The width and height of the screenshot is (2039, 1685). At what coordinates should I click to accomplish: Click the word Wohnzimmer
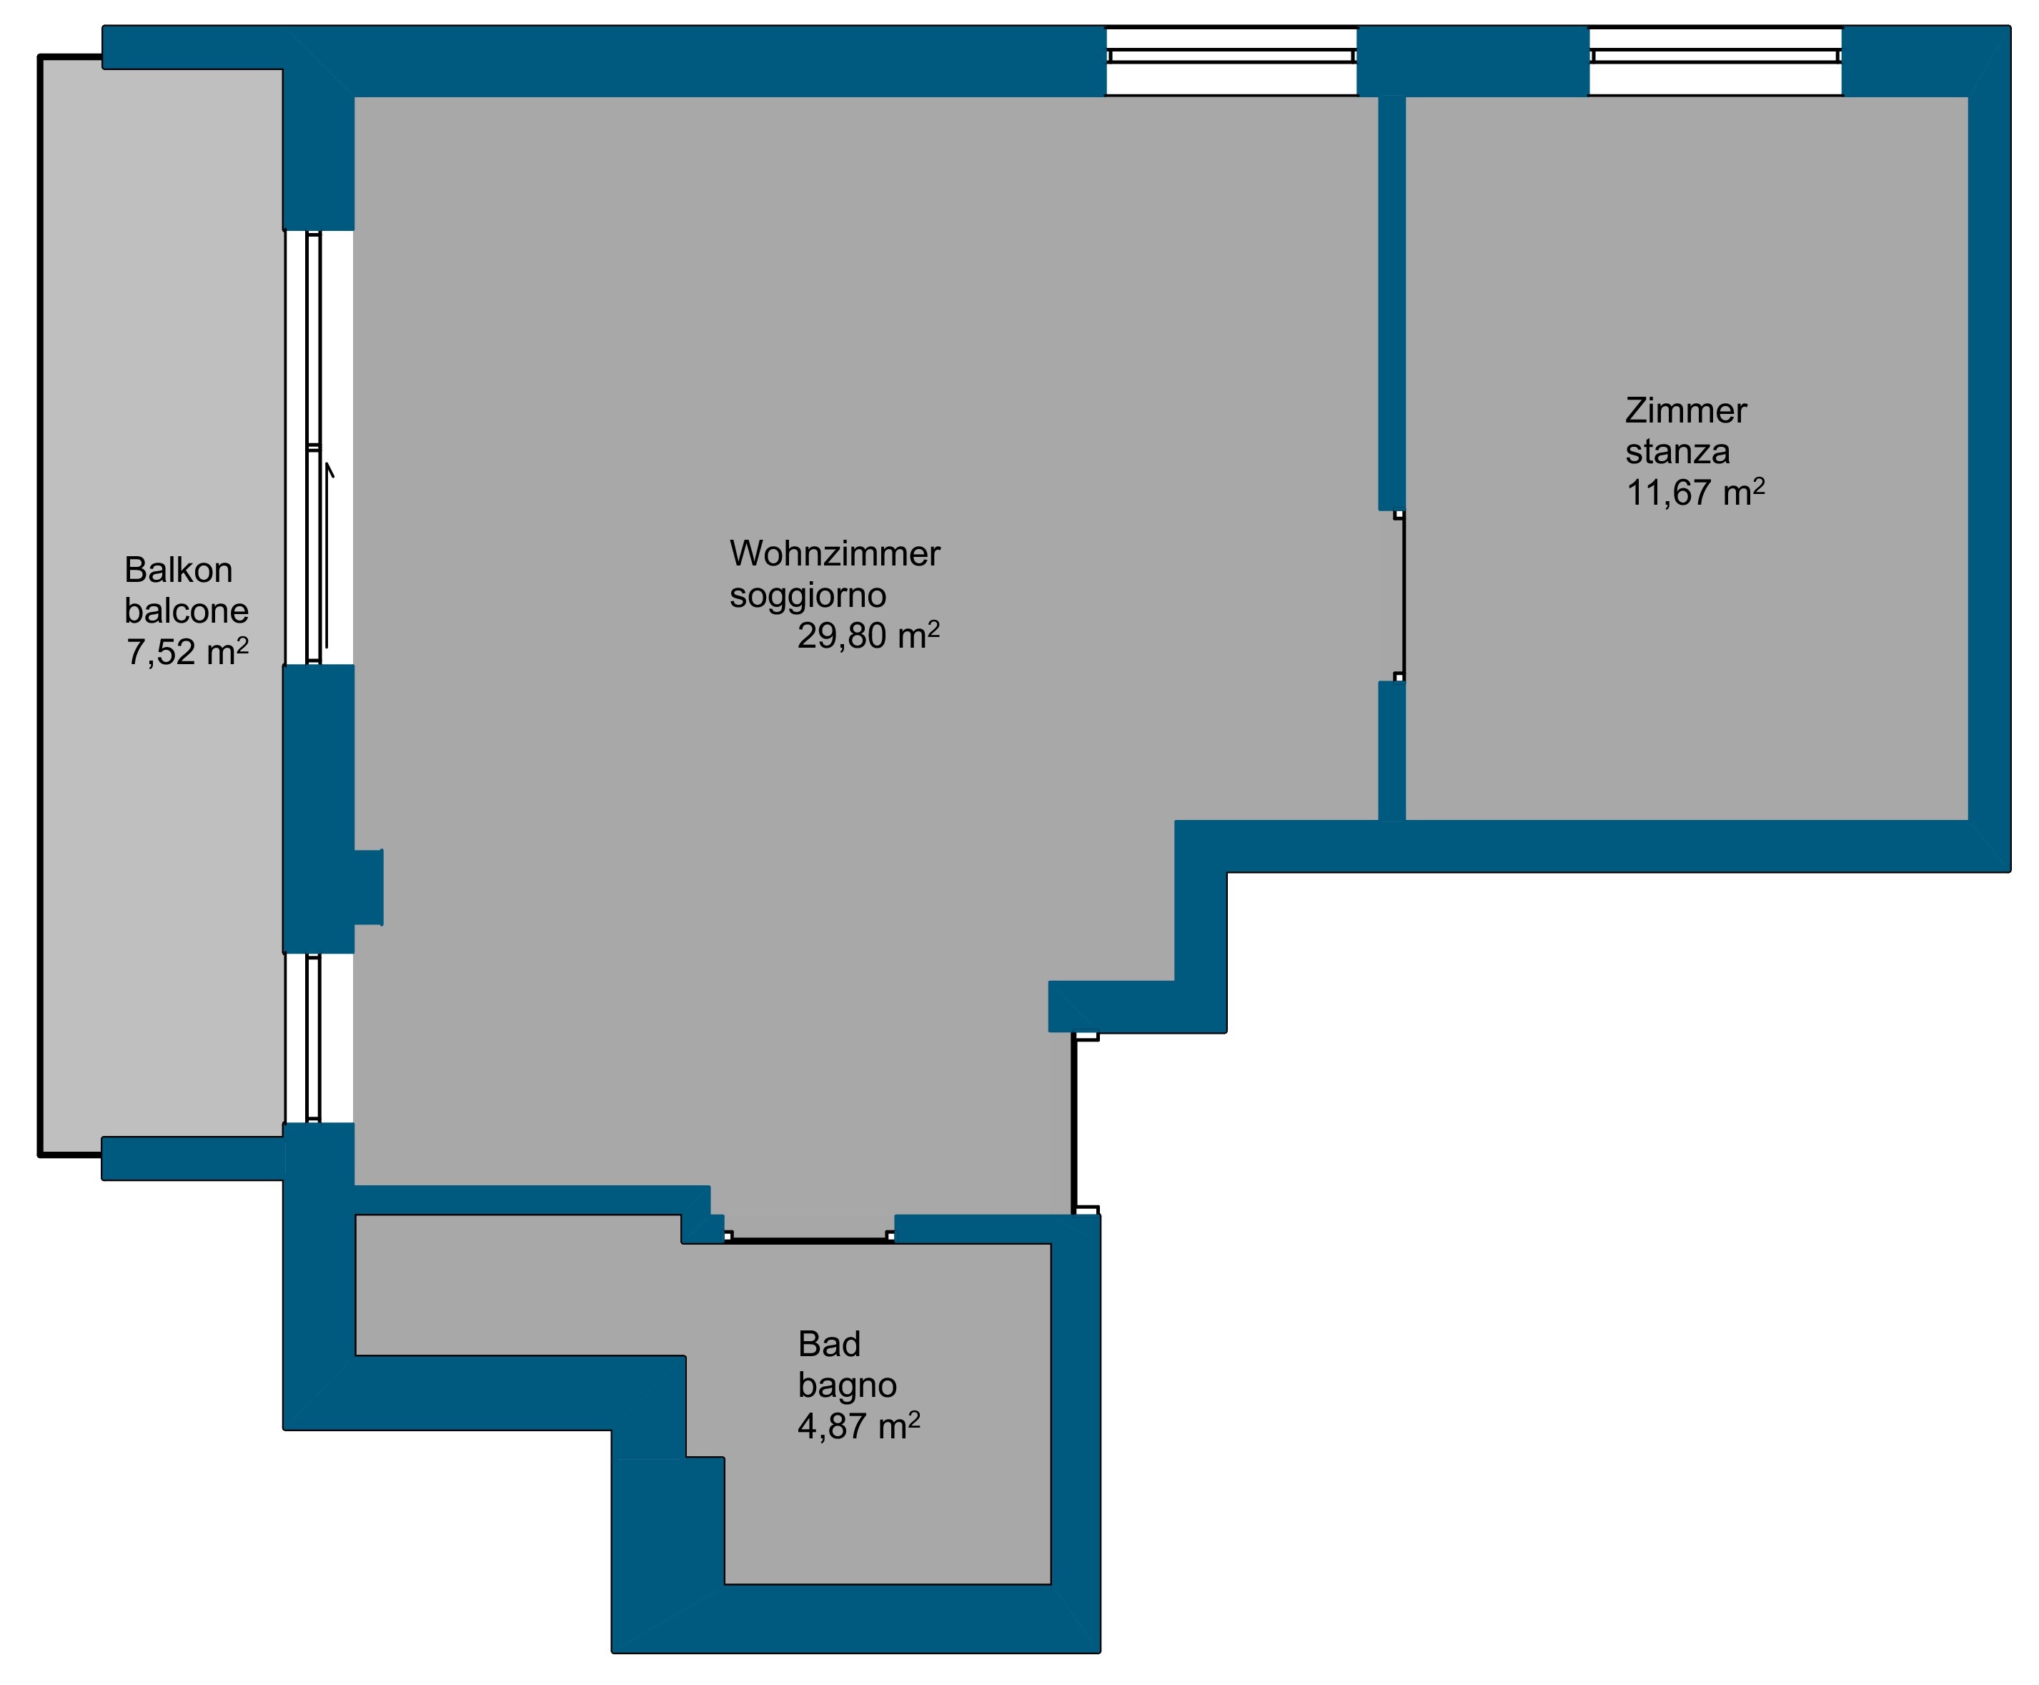tap(835, 553)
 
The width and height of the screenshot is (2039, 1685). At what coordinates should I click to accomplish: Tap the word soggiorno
tap(808, 595)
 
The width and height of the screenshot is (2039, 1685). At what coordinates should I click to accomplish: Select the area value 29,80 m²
tap(868, 635)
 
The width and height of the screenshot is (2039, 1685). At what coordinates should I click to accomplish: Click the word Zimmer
tap(1686, 410)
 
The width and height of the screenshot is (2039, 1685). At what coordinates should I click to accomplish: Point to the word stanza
tap(1677, 451)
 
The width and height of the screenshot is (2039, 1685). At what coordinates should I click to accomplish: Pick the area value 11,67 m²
tap(1695, 492)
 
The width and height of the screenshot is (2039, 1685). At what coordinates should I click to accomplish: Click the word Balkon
tap(179, 570)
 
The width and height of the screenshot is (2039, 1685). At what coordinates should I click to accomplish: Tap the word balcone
tap(187, 611)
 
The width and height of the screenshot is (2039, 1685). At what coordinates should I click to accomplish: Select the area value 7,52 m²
tap(187, 651)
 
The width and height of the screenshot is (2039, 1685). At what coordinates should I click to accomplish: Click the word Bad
tap(829, 1344)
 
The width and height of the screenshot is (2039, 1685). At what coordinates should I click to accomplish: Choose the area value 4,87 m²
tap(859, 1425)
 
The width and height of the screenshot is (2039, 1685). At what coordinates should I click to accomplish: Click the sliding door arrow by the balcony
tap(328, 555)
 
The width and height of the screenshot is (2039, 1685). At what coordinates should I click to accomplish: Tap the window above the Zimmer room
tap(1715, 56)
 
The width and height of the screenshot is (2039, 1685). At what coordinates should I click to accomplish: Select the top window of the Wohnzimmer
tap(1231, 56)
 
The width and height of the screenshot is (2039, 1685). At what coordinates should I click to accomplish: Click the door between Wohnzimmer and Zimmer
tap(1402, 595)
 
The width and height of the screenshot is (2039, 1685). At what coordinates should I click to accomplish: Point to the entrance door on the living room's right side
tap(1074, 1123)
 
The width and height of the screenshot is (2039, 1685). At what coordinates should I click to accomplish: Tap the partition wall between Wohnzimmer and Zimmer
tap(1391, 303)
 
